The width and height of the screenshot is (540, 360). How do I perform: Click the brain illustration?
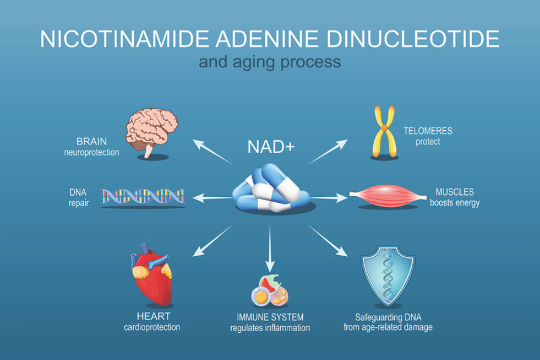click(153, 129)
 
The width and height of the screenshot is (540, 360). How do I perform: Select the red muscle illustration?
click(384, 197)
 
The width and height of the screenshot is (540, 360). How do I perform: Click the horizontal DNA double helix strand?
click(143, 197)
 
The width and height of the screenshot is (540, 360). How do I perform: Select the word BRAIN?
click(91, 142)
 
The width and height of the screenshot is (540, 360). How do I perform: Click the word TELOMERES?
click(428, 131)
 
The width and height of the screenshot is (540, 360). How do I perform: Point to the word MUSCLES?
click(454, 192)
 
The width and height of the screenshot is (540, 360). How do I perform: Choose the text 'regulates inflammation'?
click(270, 328)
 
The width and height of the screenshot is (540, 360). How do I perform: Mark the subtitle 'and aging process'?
click(270, 61)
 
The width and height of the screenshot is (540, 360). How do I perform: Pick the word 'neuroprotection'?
click(91, 152)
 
